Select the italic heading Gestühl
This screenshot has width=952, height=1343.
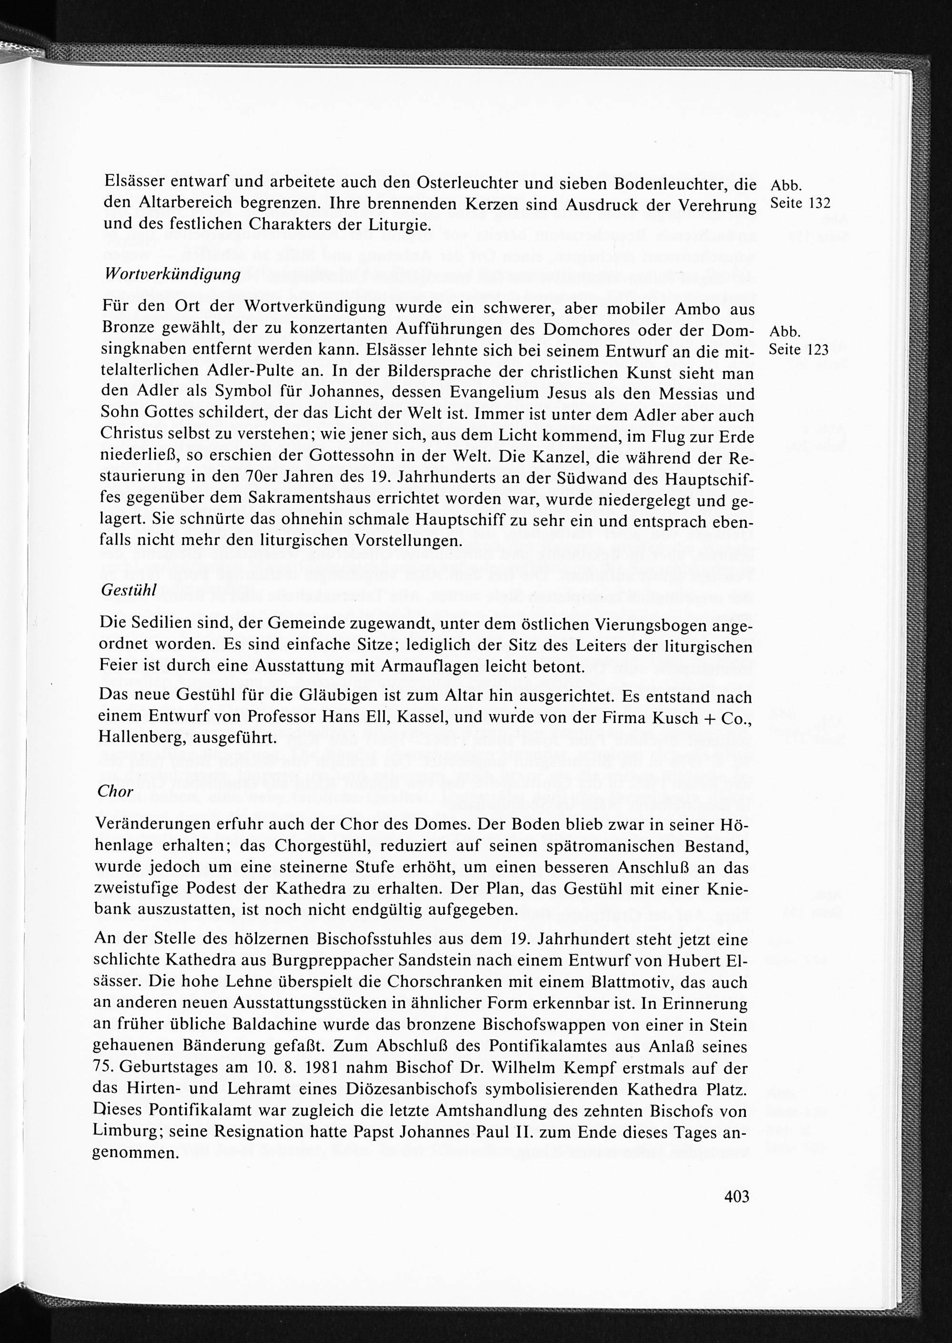point(129,590)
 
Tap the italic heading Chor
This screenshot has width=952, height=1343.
point(116,791)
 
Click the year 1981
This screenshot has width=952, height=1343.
point(319,1067)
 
